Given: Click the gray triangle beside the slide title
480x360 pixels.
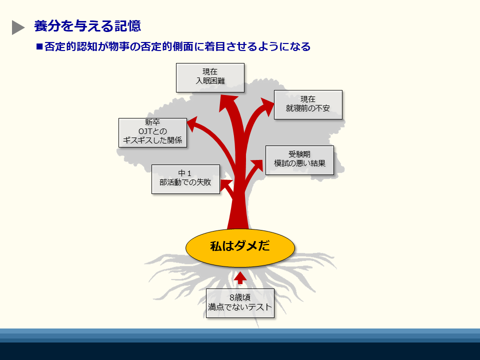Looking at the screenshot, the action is (18, 27).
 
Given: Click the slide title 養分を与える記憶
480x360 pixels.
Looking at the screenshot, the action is (87, 26).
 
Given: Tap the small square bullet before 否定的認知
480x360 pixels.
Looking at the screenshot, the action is (39, 46).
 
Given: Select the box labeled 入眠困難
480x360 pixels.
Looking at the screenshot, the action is (210, 78).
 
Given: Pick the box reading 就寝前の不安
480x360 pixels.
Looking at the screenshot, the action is (308, 104).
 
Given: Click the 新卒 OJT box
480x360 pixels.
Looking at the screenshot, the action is (152, 132).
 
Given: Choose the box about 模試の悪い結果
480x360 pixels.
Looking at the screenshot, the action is (299, 160).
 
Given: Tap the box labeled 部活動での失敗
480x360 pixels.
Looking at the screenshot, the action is (185, 179).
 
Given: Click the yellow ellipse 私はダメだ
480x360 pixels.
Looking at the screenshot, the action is (240, 247).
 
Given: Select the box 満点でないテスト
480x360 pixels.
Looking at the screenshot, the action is (240, 303).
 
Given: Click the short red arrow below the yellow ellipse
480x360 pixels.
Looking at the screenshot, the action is (240, 277).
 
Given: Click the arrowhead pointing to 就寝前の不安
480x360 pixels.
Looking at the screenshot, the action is (267, 106).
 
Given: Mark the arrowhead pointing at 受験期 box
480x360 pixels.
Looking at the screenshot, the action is (257, 165).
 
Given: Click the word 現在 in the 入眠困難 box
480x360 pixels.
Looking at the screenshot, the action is (210, 71).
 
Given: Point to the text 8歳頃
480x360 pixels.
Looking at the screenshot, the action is (240, 297).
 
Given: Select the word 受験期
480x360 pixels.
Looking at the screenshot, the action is (299, 154).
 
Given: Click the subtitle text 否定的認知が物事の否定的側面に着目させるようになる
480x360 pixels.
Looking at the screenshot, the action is (177, 46).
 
